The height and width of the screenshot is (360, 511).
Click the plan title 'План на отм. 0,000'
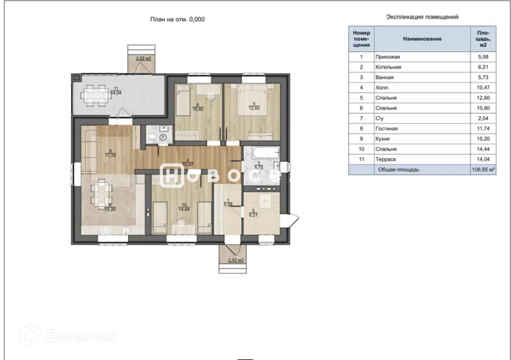177,19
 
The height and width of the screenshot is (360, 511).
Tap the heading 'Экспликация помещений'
422,17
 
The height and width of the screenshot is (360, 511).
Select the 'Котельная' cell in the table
388,67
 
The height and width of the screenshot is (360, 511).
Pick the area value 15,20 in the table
483,138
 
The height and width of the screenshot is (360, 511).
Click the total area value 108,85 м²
483,170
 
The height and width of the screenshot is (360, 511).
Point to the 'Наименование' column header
422,39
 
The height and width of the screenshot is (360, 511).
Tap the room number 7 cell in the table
361,118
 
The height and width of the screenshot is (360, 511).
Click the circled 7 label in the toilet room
163,137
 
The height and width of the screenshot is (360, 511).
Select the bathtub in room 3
266,153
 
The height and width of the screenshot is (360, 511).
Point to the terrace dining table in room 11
96,95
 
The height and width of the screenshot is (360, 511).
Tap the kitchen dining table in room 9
101,195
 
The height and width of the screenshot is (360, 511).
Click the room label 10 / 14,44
184,207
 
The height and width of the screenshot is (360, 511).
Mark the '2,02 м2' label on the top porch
144,58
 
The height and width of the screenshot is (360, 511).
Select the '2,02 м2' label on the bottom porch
236,260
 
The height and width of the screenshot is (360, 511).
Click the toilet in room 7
152,137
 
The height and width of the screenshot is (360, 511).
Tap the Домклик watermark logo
68,336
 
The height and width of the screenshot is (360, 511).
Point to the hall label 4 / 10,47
188,162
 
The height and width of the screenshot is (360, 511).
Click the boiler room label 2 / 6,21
253,213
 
